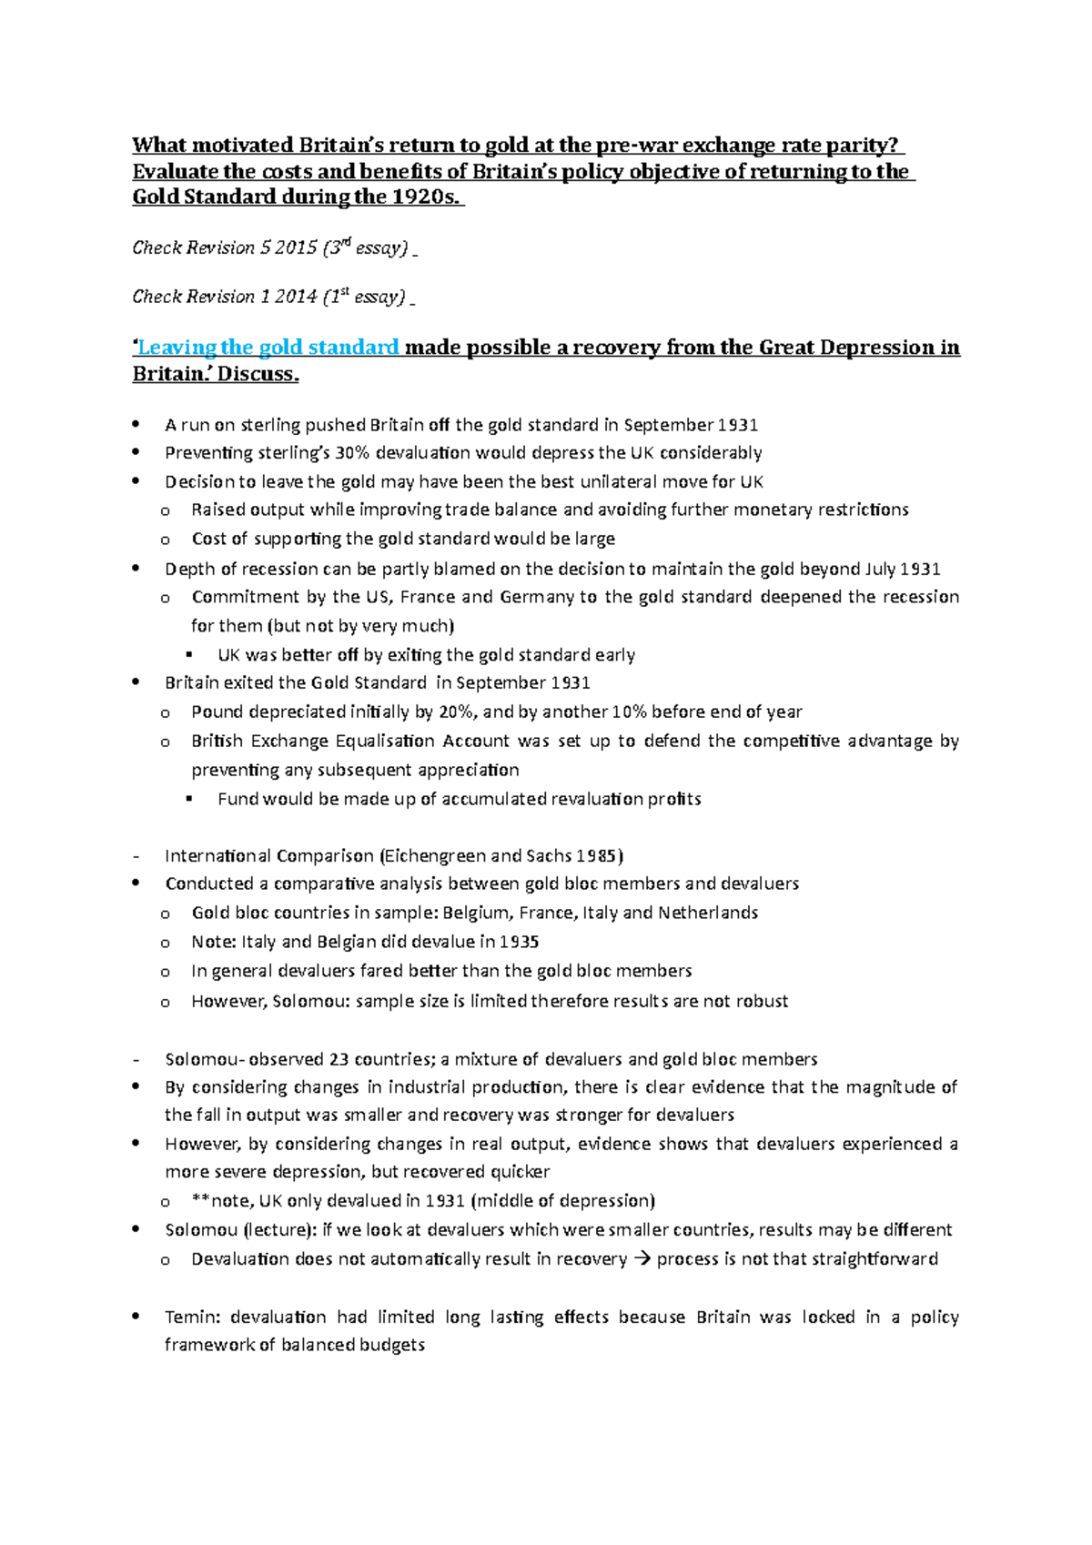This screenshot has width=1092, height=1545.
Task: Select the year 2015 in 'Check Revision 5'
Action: tap(295, 247)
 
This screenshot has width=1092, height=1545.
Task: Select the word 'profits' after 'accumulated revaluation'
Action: tap(674, 800)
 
